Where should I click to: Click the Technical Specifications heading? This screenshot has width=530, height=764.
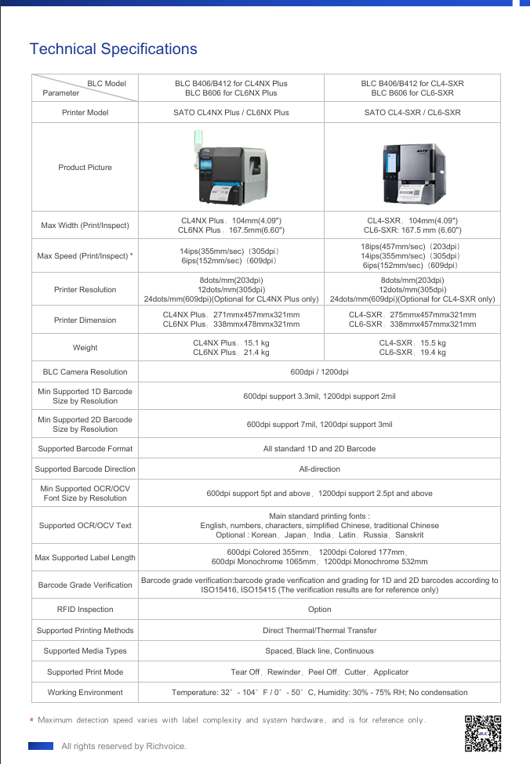coord(113,49)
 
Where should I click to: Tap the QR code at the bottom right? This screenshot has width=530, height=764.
coord(482,733)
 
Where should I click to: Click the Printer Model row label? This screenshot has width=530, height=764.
coord(85,113)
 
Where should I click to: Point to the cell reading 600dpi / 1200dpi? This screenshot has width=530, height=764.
coord(319,372)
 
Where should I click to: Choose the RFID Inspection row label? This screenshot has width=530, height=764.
coord(85,610)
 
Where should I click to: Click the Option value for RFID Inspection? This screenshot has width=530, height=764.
coord(319,610)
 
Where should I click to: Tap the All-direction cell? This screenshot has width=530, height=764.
coord(319,469)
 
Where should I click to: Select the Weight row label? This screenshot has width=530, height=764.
coord(85,348)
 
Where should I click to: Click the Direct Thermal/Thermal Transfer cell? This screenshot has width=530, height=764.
coord(319,631)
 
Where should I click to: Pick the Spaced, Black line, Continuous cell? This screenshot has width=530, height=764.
coord(319,651)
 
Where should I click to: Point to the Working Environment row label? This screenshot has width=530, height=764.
coord(85,693)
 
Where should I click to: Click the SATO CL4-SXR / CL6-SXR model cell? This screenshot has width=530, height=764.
coord(412,113)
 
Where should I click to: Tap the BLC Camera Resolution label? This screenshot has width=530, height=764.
coord(85,372)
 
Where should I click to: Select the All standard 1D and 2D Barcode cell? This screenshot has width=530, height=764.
coord(319,449)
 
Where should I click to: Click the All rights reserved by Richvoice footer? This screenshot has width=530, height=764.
coord(124,746)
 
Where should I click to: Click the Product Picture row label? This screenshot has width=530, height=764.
coord(85,168)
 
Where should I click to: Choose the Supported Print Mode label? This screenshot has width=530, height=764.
coord(85,672)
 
